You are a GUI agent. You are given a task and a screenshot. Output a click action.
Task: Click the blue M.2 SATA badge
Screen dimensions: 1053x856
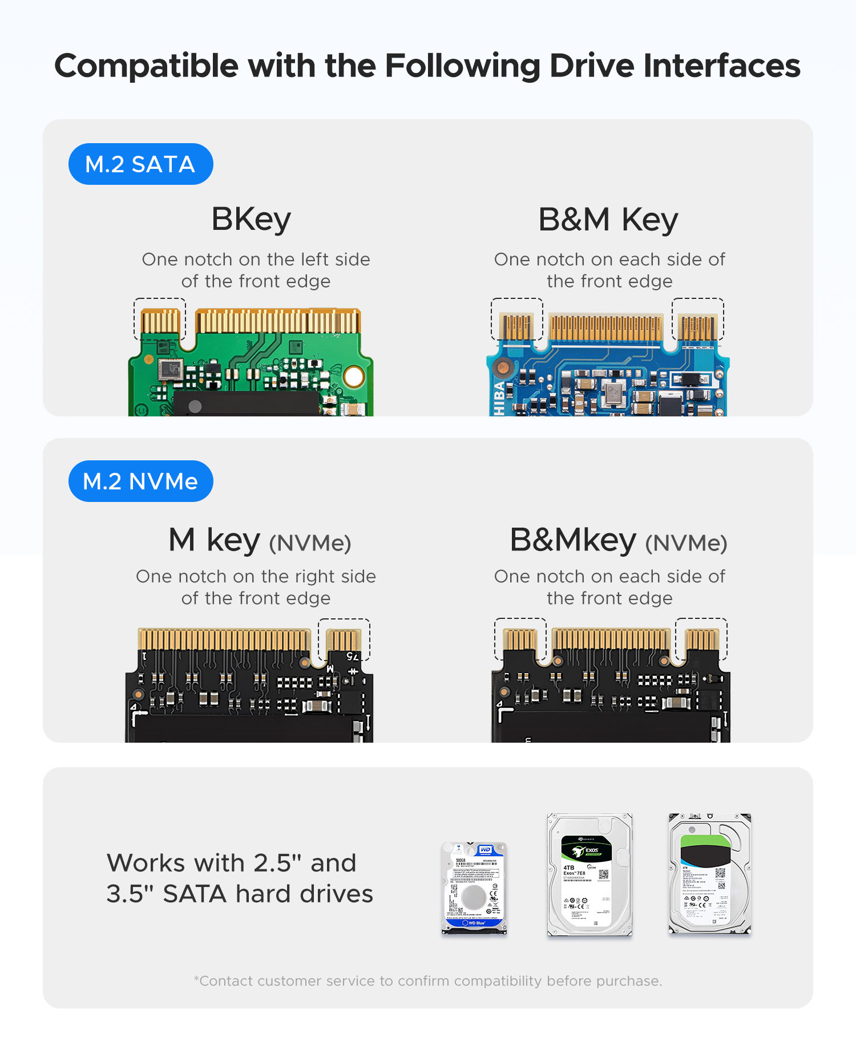140,164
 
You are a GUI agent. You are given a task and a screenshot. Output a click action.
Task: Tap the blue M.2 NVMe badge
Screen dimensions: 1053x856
140,481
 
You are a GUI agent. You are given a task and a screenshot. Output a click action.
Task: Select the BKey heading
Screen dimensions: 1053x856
251,220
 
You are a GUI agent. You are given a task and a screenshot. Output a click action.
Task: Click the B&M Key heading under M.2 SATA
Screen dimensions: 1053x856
608,220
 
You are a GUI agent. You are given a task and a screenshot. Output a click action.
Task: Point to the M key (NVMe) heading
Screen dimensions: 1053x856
260,540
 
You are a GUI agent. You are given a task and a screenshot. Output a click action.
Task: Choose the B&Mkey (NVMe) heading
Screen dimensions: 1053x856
618,540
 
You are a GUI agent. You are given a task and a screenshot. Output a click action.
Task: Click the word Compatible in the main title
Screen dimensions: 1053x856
146,66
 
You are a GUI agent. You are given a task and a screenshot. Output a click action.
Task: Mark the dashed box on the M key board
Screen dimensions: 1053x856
344,639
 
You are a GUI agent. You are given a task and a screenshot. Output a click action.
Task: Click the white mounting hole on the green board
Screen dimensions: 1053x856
354,376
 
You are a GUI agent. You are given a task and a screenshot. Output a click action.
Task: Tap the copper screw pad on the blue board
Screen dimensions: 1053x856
502,368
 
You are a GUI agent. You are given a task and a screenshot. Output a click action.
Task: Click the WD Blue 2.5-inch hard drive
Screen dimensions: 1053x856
474,888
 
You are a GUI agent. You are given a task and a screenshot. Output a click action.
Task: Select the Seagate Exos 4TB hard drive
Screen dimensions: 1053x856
589,875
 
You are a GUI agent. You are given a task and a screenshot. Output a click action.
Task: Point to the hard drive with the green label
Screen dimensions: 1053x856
709,874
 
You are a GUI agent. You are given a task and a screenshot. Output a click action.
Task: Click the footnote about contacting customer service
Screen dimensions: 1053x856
428,981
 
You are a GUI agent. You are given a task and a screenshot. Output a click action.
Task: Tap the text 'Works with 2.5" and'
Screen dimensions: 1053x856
231,863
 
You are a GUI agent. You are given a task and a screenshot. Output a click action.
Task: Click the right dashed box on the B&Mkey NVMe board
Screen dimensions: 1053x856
701,639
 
